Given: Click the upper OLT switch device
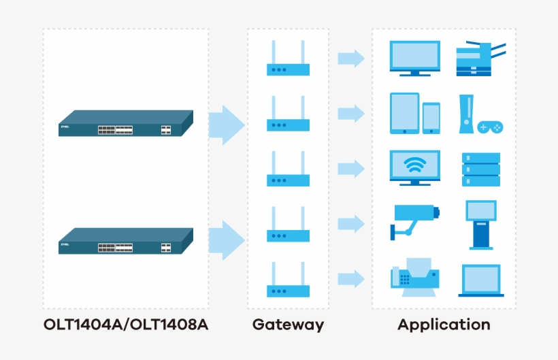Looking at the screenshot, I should (125, 123).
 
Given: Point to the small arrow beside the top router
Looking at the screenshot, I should (351, 59).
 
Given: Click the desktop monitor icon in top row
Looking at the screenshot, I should (414, 58).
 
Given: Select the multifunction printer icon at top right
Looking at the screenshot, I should (480, 58).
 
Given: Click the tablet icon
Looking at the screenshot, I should (404, 113).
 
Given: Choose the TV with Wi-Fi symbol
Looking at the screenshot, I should (414, 167).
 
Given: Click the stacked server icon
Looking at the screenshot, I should (480, 169).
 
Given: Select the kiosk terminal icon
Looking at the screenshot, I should (480, 224).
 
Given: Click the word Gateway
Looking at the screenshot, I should (288, 325).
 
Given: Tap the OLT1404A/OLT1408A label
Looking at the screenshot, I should (126, 325).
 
